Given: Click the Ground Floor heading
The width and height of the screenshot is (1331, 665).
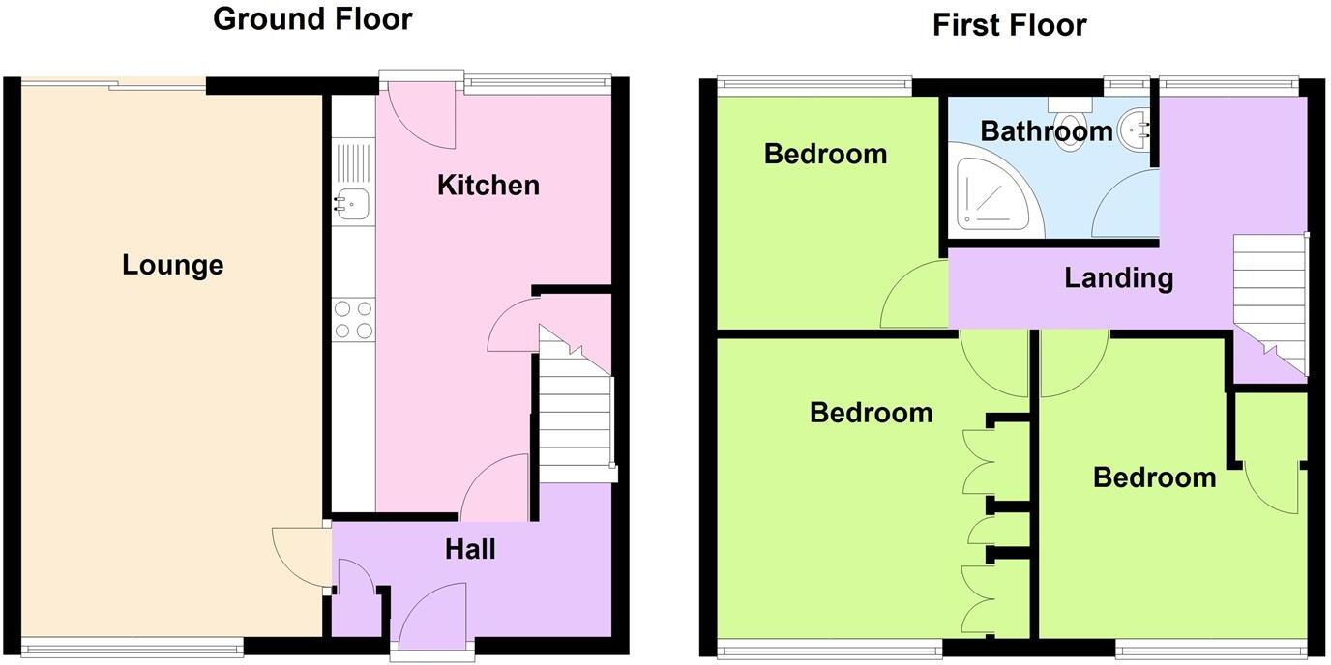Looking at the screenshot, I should [312, 18].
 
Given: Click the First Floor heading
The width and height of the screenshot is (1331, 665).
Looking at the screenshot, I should [1009, 24].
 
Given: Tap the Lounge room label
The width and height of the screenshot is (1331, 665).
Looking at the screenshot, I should [172, 265].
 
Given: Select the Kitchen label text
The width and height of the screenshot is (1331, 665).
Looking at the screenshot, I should [488, 185].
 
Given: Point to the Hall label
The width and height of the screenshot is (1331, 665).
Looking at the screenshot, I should [470, 549].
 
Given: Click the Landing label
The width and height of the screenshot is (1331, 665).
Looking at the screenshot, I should [1118, 278].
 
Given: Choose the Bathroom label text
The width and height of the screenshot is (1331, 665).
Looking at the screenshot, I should [1047, 130].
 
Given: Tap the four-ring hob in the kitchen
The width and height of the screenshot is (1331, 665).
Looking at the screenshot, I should [353, 320].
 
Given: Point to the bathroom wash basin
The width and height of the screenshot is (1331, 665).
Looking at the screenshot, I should [1134, 130].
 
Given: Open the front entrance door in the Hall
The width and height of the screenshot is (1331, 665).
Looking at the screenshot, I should [431, 619].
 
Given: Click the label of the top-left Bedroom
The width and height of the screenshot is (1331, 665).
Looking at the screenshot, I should [825, 154].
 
